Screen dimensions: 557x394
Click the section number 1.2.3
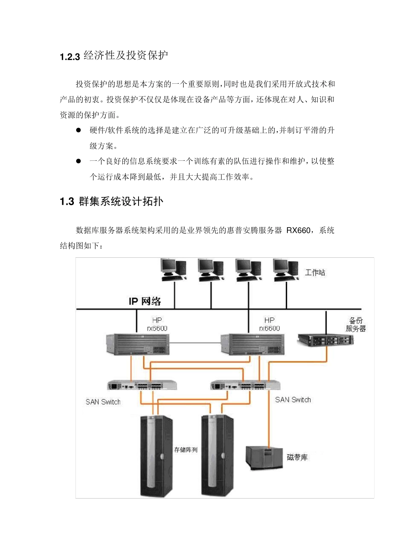[70, 57]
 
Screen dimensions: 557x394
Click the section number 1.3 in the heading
[66, 202]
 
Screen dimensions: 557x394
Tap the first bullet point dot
[78, 131]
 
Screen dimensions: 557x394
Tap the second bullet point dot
[78, 161]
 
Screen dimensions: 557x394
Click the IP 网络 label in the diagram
[145, 301]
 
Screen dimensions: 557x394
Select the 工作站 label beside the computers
[315, 273]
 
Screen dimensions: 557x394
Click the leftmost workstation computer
[173, 269]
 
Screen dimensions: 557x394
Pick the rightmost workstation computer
[286, 269]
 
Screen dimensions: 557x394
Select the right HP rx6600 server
[253, 344]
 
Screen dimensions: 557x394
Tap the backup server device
[326, 340]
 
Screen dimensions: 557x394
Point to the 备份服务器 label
[356, 325]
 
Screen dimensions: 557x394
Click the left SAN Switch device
[142, 385]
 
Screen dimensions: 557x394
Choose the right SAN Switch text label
[293, 400]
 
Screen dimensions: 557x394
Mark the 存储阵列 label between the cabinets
[186, 450]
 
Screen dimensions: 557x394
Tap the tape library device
[264, 458]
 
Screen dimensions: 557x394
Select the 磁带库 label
[297, 458]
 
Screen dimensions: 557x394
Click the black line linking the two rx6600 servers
[195, 343]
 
